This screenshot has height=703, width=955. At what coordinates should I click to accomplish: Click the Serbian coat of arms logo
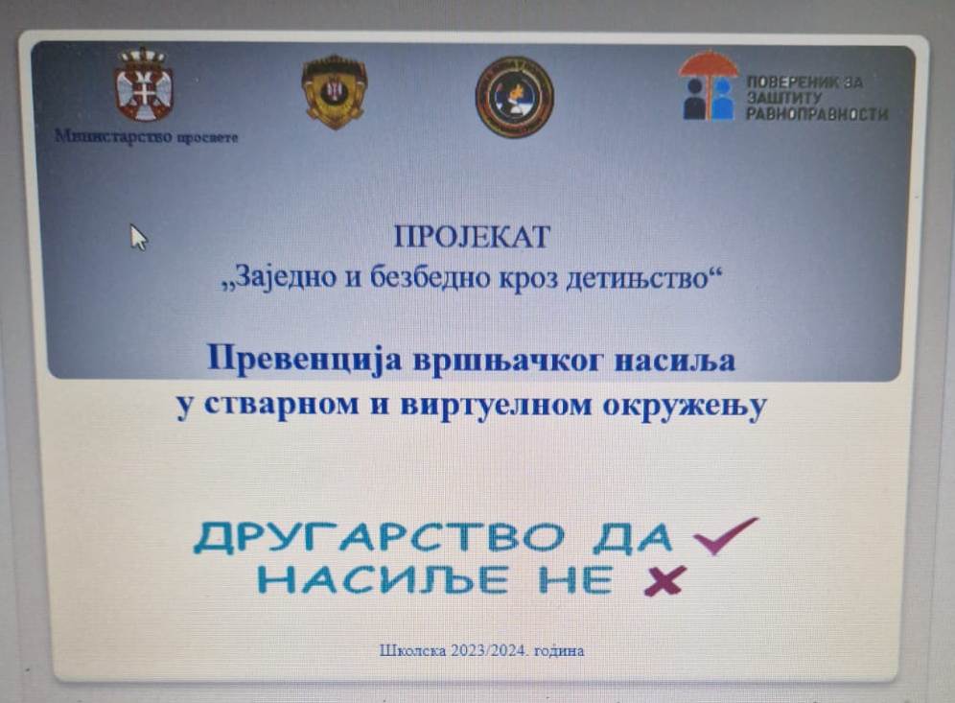(145, 84)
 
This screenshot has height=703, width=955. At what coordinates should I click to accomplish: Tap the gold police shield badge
(335, 92)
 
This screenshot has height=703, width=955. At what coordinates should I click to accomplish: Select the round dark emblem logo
(515, 97)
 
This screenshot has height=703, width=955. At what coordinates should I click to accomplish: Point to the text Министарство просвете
(146, 136)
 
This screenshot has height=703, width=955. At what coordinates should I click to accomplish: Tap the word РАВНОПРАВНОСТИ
(817, 114)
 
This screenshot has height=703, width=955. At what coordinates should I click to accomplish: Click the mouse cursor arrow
(139, 237)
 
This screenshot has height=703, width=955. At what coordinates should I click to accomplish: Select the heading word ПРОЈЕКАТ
(472, 237)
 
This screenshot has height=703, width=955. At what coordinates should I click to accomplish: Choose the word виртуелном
(496, 405)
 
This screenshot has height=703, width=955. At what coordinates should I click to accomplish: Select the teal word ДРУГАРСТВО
(379, 537)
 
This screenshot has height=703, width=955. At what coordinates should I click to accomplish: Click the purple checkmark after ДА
(727, 534)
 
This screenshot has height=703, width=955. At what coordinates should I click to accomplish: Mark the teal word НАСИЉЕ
(384, 578)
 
